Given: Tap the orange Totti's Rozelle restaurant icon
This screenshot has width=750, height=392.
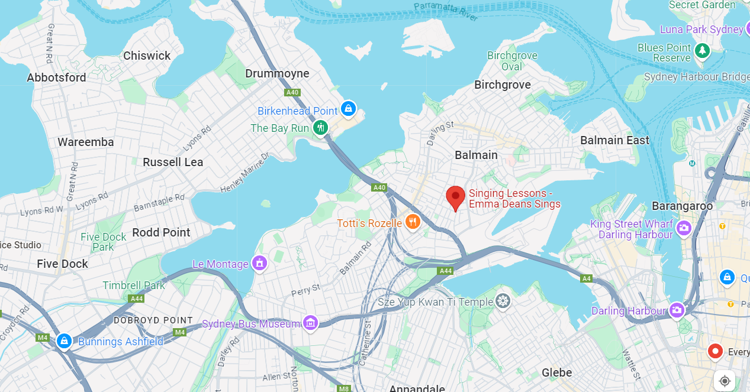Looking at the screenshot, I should coord(413,222).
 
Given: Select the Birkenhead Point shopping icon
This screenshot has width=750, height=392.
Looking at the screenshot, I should coord(349,109).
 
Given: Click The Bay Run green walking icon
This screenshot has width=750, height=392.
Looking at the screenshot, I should coord(320,127).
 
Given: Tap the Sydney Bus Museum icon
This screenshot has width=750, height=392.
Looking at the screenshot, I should coord(310,323).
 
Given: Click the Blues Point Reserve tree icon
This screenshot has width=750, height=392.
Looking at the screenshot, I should coord(702,51).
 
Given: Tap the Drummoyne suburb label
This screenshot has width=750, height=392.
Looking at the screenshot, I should coord(277,73).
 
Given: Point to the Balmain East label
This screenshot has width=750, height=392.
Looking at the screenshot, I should coord(614,140).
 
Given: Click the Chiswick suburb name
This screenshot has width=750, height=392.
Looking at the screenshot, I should coord(147,56).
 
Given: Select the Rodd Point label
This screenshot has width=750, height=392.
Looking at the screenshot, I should coord(161,232).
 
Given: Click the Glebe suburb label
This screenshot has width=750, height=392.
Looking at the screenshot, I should coord(557,372).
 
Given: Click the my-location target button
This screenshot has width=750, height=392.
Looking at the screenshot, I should coord(725,381).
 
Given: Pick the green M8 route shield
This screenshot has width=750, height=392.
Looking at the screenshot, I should coord(343,388).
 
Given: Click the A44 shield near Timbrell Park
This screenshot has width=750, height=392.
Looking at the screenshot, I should coord(137,299).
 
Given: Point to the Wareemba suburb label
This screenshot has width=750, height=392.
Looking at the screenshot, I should coord(86,142).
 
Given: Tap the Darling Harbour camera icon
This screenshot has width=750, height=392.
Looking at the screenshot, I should coord(677,310).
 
